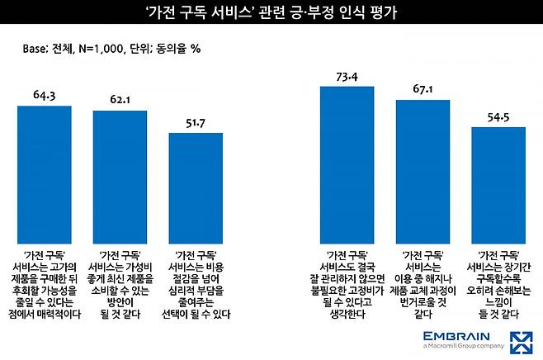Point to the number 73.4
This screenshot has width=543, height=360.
coord(347,77)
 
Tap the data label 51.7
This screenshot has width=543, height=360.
coord(196,123)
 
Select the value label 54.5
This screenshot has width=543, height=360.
coord(498,118)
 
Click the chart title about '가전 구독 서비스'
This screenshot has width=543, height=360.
coord(271,14)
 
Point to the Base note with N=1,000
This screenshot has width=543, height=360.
coord(112,48)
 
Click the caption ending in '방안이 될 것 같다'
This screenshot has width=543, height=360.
coord(120,282)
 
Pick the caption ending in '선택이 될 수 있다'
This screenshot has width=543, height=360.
coord(196,282)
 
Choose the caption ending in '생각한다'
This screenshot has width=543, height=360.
coord(347,282)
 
